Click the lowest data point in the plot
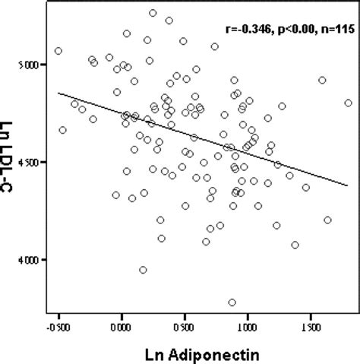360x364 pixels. [x=232, y=302]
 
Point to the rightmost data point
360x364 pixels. [x=349, y=103]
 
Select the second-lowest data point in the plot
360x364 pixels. [x=143, y=270]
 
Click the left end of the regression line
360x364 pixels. [x=58, y=93]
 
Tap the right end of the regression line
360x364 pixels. [x=349, y=185]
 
